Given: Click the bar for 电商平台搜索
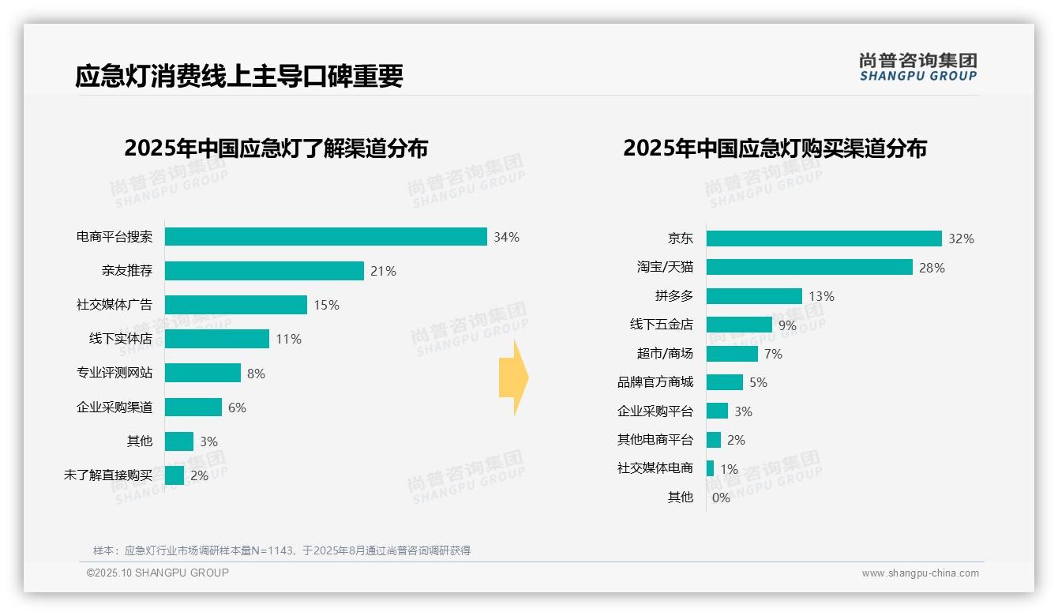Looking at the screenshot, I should (x=325, y=237).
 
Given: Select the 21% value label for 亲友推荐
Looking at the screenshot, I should (x=383, y=271).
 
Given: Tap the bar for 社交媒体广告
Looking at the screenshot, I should (x=235, y=305).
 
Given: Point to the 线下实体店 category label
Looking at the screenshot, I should (x=120, y=339).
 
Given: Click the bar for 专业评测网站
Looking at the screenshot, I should (x=202, y=373).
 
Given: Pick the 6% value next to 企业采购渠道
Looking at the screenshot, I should (x=237, y=408).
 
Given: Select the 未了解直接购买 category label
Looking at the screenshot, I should (x=108, y=475).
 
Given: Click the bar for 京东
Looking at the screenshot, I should (x=824, y=239).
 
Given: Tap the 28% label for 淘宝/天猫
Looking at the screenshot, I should (x=932, y=268).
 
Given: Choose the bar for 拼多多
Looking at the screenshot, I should (x=754, y=296).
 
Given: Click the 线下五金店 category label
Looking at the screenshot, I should (x=661, y=325).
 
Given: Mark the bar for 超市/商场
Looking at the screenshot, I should (x=732, y=354).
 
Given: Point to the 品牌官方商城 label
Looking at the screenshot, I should (x=655, y=382).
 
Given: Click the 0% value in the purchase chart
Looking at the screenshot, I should (x=721, y=498).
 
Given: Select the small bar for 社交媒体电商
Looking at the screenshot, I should (x=710, y=468).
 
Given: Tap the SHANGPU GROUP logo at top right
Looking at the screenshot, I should (x=917, y=66).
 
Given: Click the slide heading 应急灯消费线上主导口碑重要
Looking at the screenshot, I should (x=239, y=76).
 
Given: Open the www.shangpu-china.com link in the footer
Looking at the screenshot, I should (x=920, y=573).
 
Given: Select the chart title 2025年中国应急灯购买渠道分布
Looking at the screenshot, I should (x=775, y=148).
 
